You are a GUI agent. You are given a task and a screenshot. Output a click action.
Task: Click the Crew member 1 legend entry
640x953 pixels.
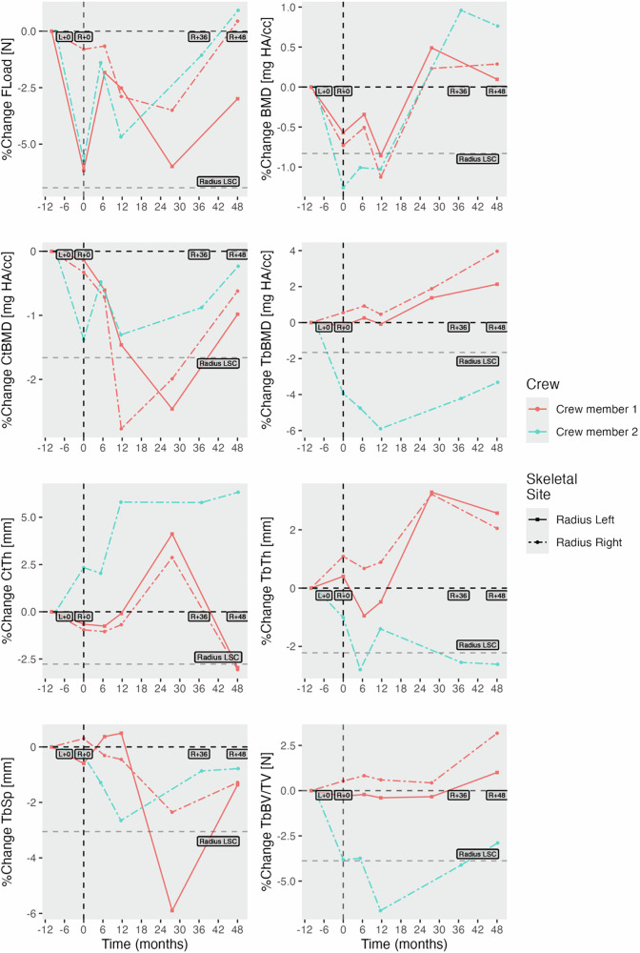coord(576,408)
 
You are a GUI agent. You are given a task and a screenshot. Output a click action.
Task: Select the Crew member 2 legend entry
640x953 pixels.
coord(576,430)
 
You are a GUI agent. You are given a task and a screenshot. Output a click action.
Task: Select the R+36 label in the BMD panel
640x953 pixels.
coord(459,91)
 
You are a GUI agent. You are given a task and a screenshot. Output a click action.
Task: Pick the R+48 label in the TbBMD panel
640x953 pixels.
coord(496,327)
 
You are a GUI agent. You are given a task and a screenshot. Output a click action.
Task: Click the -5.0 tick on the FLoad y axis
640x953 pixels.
coord(27,144)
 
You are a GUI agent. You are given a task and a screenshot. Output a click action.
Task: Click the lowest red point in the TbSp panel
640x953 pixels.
coord(172,910)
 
